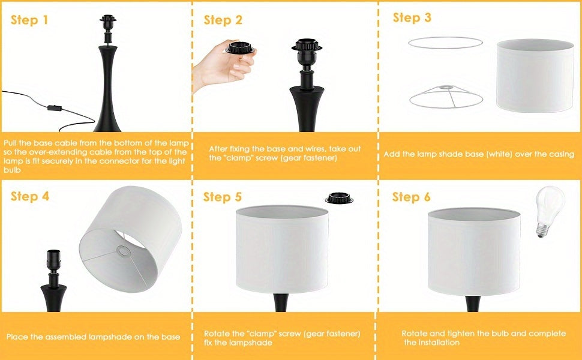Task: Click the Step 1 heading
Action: tap(29, 20)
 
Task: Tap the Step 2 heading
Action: tap(223, 20)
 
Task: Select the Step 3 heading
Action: tap(412, 17)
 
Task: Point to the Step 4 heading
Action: tap(29, 196)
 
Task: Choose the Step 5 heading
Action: tap(223, 197)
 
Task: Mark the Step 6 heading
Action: tap(411, 197)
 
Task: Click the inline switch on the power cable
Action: tap(55, 108)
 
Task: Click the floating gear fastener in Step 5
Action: tap(339, 198)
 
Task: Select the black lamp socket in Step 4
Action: tap(53, 260)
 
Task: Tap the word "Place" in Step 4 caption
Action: tap(17, 337)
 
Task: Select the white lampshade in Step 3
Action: tap(535, 76)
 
